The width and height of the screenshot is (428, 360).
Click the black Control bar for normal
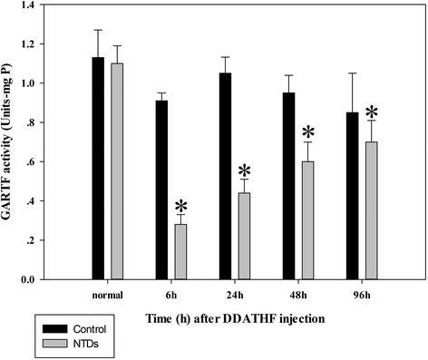click(x=98, y=168)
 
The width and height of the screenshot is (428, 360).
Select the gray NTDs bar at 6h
click(x=180, y=252)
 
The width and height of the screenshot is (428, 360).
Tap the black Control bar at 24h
click(x=226, y=176)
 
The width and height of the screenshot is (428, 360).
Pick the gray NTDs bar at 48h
click(x=308, y=220)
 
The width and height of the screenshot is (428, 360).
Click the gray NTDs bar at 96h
click(x=372, y=210)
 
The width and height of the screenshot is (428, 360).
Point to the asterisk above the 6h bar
click(x=181, y=206)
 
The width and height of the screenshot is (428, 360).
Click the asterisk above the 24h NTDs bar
click(x=244, y=170)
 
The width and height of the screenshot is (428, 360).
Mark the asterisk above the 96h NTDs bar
click(x=372, y=112)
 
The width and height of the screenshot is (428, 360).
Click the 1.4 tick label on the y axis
click(x=27, y=5)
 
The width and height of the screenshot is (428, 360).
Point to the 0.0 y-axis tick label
click(x=27, y=279)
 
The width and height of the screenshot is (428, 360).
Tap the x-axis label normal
click(x=108, y=295)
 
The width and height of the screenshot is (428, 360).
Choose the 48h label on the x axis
click(x=298, y=295)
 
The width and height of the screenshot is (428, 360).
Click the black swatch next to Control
click(x=55, y=328)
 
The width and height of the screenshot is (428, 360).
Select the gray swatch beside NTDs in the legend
click(x=55, y=344)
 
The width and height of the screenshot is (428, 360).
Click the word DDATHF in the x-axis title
click(x=249, y=318)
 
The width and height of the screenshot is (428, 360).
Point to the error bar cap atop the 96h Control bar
click(x=353, y=73)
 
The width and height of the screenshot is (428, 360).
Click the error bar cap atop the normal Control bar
click(x=98, y=30)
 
